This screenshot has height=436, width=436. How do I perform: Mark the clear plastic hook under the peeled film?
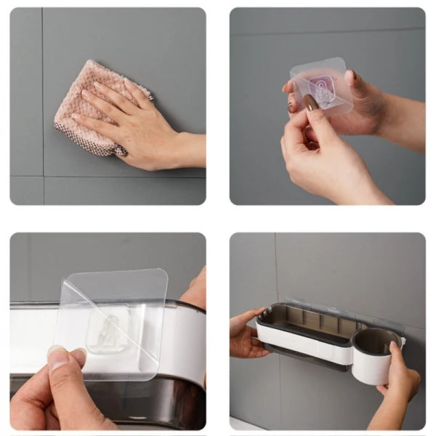click(x=106, y=331)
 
